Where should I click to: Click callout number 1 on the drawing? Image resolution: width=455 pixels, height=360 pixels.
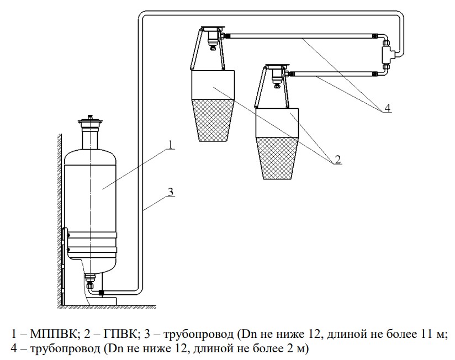coord(171,145)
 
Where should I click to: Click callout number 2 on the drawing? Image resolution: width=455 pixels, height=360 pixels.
coord(337,160)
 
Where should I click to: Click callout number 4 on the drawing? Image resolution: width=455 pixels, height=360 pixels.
coord(388,108)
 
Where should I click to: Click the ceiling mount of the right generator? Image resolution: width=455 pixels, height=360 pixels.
coord(277,66)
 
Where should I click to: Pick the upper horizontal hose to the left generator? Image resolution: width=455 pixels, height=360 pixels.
coord(300,36)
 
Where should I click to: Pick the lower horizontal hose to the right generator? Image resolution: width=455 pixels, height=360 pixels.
coord(334,73)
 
